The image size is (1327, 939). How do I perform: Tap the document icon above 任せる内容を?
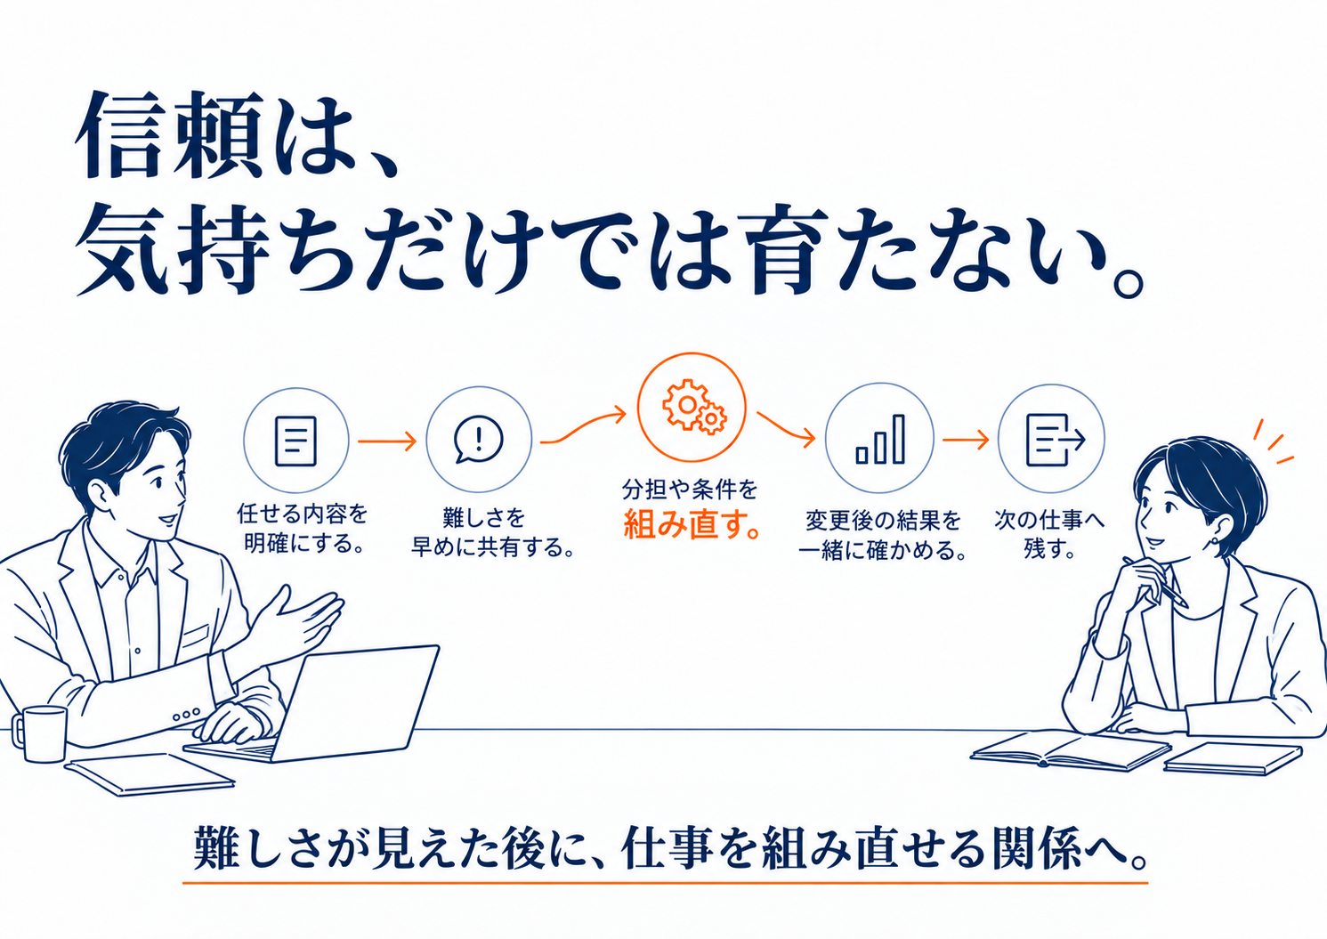point(295,441)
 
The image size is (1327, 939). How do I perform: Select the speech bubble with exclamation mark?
point(478,439)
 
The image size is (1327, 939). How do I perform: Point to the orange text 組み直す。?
point(692,524)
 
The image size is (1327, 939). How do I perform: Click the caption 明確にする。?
point(303,543)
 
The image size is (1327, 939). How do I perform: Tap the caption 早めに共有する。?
point(493,546)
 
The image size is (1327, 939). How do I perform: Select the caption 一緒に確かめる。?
point(882,550)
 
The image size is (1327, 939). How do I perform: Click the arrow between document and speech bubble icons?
point(387,441)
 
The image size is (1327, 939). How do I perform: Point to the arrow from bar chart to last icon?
point(966,440)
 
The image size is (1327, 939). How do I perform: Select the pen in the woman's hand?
point(1156,582)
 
